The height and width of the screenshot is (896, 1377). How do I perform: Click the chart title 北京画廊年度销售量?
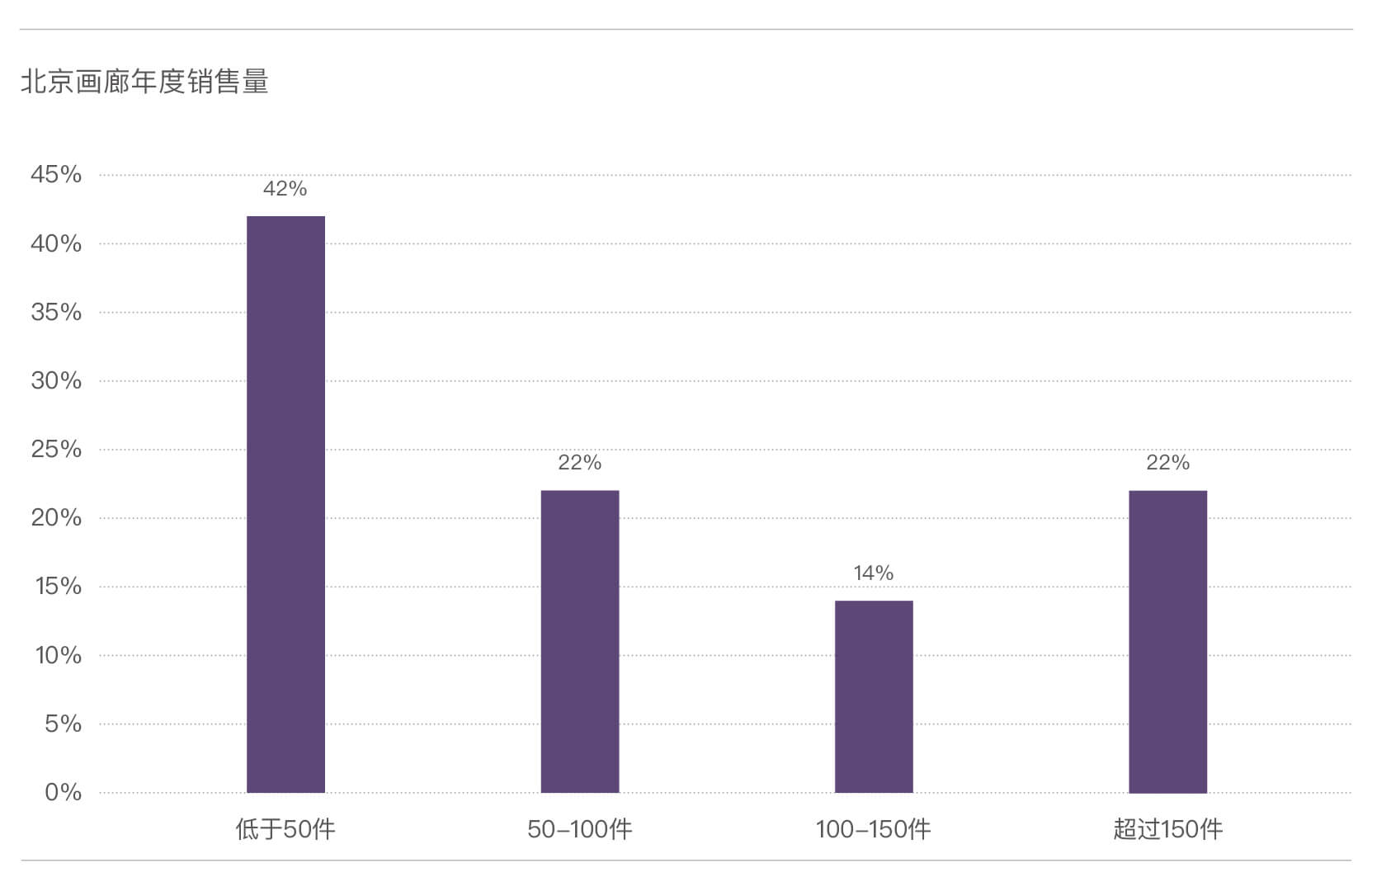click(x=144, y=82)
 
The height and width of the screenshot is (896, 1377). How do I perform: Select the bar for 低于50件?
click(x=285, y=505)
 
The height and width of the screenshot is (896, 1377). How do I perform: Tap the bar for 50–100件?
click(x=580, y=642)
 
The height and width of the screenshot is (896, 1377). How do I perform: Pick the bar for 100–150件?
click(x=874, y=697)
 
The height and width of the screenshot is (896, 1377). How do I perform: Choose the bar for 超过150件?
click(x=1168, y=642)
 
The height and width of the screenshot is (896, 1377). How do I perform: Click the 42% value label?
click(x=285, y=188)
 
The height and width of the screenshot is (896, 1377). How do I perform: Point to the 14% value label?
click(x=874, y=573)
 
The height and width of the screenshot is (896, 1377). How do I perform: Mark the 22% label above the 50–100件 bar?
click(x=580, y=462)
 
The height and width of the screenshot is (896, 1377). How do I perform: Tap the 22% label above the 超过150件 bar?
click(x=1168, y=462)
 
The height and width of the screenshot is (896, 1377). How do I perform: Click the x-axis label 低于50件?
click(x=285, y=829)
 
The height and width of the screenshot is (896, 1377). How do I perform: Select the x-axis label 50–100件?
click(x=580, y=829)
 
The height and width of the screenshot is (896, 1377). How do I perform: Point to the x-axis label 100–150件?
click(x=874, y=829)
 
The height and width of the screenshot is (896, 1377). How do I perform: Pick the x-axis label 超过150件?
click(x=1168, y=829)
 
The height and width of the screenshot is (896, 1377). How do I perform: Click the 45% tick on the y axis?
click(x=56, y=175)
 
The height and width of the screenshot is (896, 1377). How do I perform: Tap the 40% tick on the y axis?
click(x=56, y=244)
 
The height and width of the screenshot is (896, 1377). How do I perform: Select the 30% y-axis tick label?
click(x=56, y=381)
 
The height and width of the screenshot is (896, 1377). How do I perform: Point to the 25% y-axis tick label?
click(x=56, y=449)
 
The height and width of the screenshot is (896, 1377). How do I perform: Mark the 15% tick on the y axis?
click(x=58, y=587)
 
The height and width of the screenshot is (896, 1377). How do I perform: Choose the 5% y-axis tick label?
click(x=64, y=724)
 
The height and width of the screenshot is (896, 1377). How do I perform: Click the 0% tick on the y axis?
click(x=64, y=792)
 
